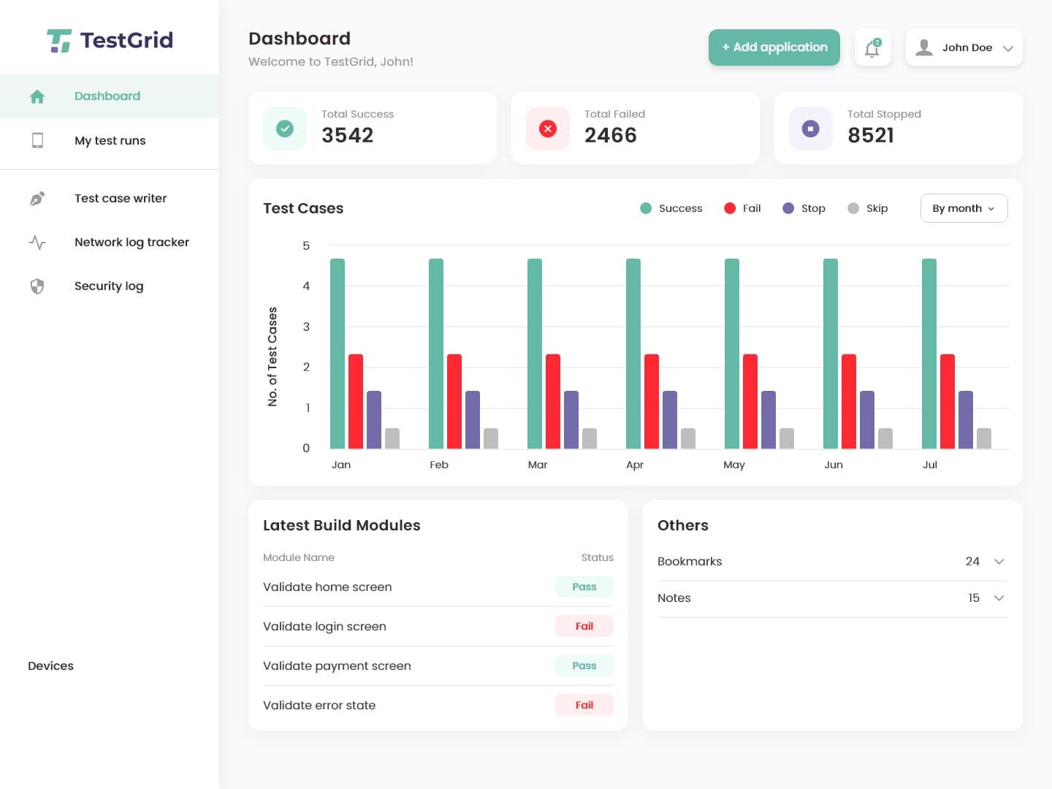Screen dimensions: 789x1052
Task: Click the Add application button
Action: [x=774, y=47]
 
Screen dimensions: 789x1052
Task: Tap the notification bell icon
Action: [x=872, y=48]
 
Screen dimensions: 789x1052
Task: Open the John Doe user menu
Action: [x=964, y=47]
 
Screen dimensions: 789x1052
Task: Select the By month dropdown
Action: [x=964, y=208]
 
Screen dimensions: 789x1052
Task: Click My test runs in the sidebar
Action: [x=110, y=140]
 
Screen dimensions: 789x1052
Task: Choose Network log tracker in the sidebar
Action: [x=131, y=242]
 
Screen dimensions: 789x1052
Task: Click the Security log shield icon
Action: [x=37, y=286]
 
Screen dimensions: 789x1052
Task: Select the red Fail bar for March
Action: [x=553, y=401]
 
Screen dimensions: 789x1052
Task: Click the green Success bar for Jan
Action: [x=338, y=354]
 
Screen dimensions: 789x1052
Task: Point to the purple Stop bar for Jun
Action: [x=867, y=420]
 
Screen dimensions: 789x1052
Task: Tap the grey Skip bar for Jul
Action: [x=984, y=438]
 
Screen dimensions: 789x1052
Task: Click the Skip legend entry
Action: [x=868, y=208]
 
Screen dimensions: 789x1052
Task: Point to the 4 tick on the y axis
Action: [x=306, y=286]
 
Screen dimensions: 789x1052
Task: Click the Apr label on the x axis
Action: [x=635, y=465]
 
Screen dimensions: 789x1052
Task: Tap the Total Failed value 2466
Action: [x=611, y=135]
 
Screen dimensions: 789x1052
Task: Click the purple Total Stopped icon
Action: [x=810, y=129]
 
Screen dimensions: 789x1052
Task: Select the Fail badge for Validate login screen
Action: [x=584, y=626]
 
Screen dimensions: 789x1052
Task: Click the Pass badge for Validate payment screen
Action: [x=584, y=666]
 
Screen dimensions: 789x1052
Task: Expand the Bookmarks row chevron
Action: [x=999, y=562]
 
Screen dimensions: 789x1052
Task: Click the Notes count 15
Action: [x=974, y=598]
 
